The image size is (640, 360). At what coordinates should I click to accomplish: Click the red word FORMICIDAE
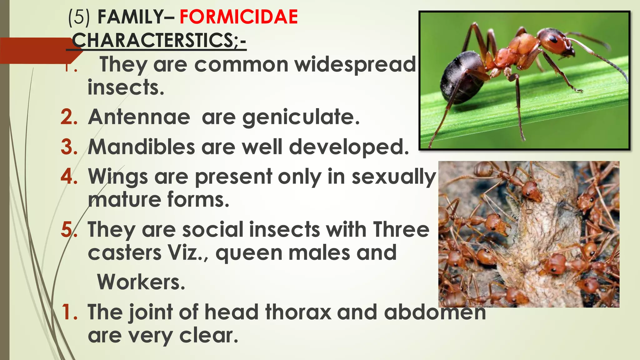point(238,17)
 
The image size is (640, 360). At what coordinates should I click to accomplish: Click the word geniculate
point(301,117)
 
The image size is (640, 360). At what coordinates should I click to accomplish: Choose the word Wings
point(118,177)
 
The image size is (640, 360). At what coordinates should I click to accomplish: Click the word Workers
point(141,282)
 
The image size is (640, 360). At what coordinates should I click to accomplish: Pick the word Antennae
point(139,117)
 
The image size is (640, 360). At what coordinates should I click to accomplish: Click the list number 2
point(69,117)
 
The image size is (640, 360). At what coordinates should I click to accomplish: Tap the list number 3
point(69,147)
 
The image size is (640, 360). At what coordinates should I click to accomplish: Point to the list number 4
point(69,177)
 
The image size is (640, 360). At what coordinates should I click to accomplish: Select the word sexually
point(393,177)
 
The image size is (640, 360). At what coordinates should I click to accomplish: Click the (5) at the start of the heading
point(79,17)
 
